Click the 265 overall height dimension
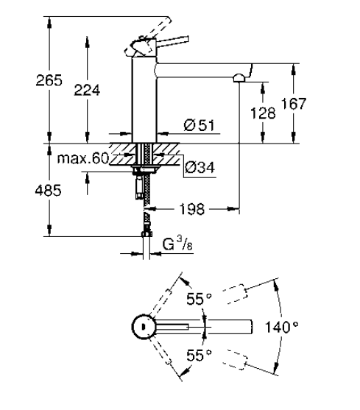pyautogui.click(x=49, y=80)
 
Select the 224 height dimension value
pyautogui.click(x=87, y=90)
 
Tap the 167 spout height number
pyautogui.click(x=293, y=104)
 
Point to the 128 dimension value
pyautogui.click(x=263, y=113)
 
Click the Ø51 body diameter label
pyautogui.click(x=200, y=125)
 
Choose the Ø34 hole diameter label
pyautogui.click(x=200, y=167)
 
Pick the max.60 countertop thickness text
pyautogui.click(x=83, y=158)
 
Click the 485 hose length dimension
pyautogui.click(x=48, y=191)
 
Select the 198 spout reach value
pyautogui.click(x=191, y=209)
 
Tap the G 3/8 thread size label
pyautogui.click(x=177, y=243)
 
